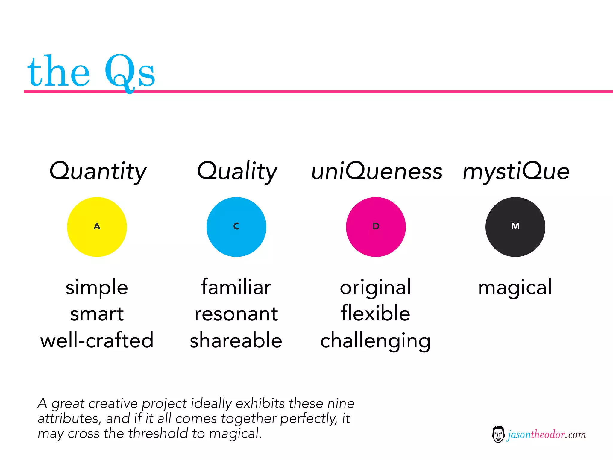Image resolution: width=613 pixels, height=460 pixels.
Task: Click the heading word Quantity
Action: (x=98, y=171)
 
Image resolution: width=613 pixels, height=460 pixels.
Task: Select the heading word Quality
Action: (x=237, y=171)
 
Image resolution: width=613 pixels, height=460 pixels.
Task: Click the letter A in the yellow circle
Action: (x=97, y=226)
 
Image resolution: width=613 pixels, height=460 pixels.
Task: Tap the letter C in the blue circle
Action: (x=236, y=226)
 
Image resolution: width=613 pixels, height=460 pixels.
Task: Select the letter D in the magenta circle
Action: (x=376, y=226)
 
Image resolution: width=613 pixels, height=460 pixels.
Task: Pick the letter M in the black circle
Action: (x=515, y=226)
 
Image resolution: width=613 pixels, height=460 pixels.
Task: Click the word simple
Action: (x=97, y=287)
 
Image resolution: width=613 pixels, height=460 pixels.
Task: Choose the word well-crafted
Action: (x=97, y=341)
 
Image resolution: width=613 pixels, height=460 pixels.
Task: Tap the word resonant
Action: (x=236, y=314)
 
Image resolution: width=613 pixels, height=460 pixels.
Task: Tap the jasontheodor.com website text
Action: (x=546, y=435)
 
